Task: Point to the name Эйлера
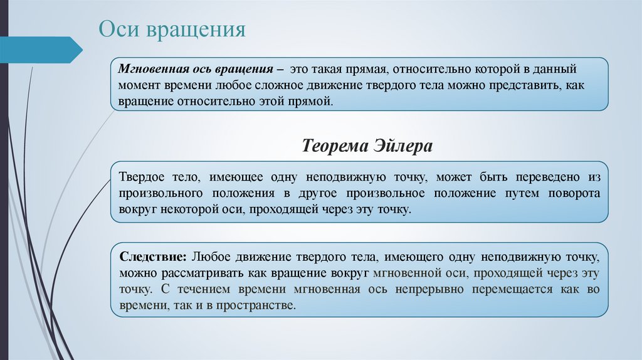[404, 147]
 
